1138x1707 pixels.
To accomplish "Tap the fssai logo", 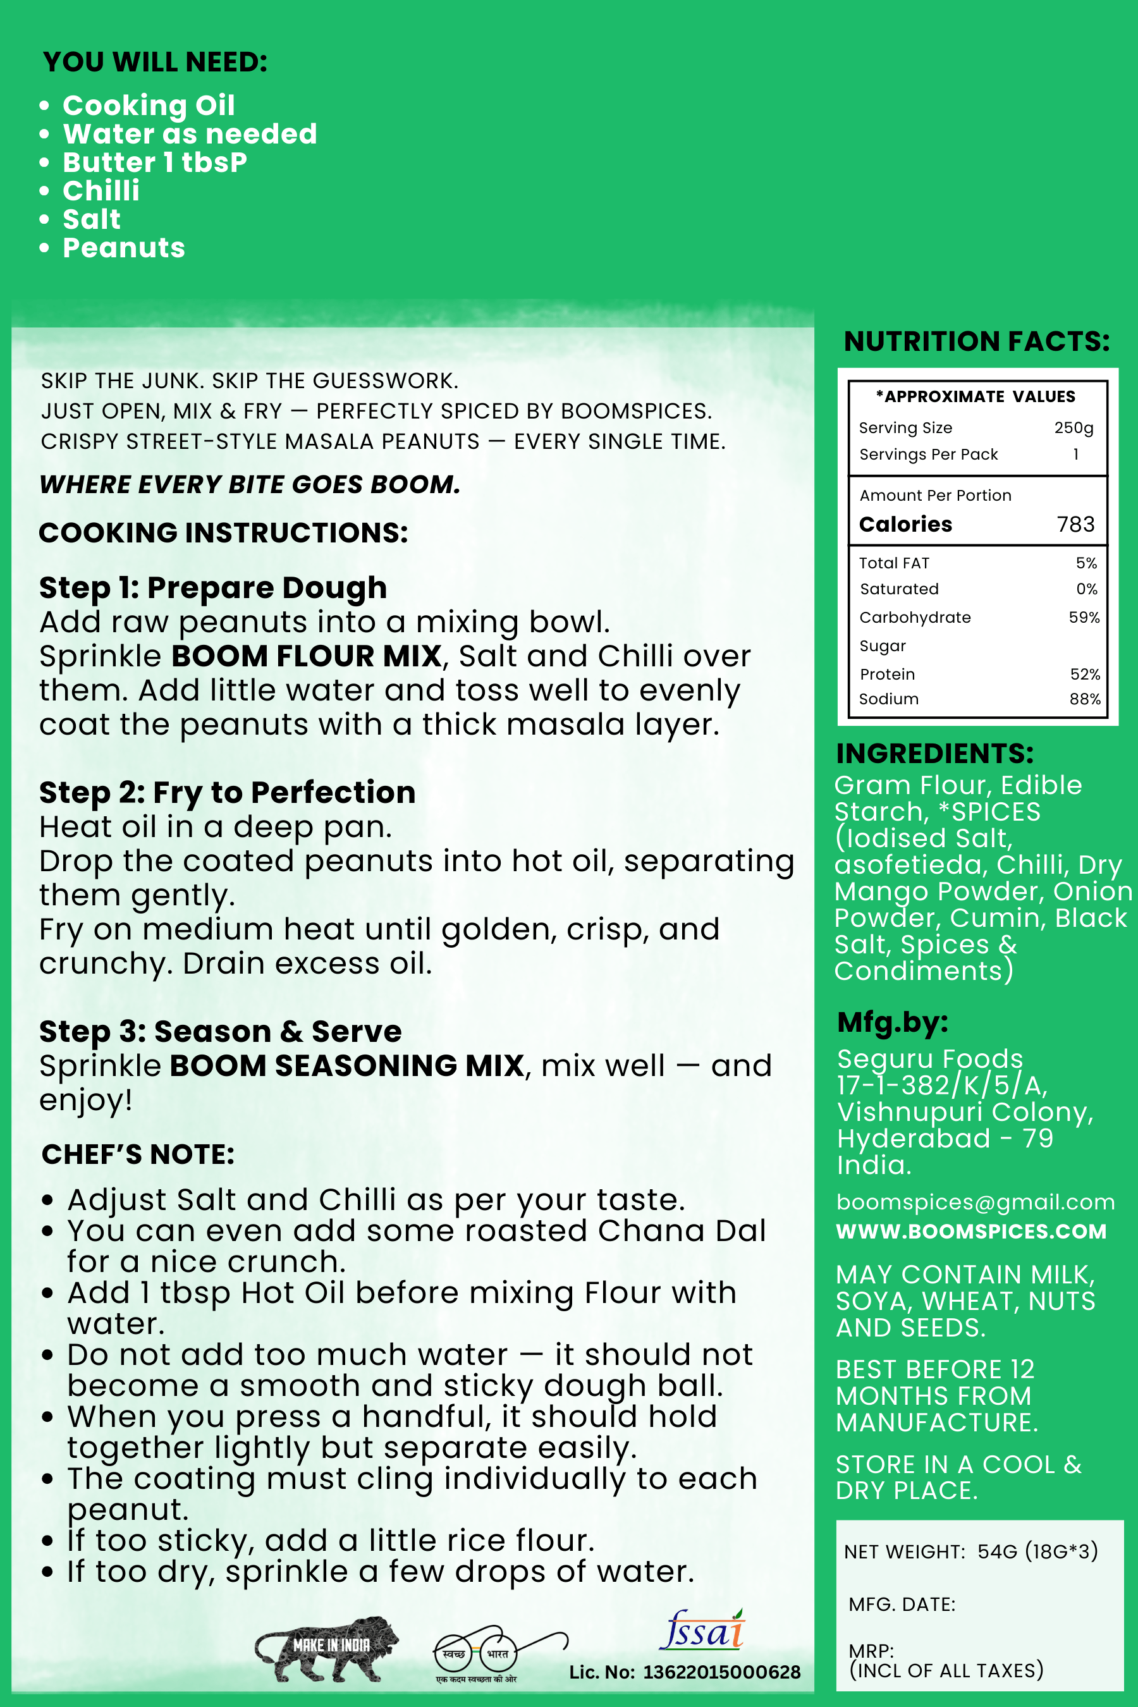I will [702, 1630].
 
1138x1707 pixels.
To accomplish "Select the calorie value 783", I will [1075, 524].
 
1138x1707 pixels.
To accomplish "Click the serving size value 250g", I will [1074, 427].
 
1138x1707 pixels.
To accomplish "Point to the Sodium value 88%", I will [1084, 699].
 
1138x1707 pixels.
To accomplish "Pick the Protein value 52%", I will [1084, 674].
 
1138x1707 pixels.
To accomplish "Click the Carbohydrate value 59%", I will [1084, 618].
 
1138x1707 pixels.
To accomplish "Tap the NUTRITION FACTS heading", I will [976, 341].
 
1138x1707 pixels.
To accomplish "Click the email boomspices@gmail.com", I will [975, 1202].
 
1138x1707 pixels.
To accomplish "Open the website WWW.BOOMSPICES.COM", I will [970, 1232].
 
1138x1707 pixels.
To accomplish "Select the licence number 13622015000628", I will [721, 1672].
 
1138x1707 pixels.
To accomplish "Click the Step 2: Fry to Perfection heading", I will [227, 793].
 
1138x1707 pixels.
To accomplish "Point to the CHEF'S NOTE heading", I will [138, 1154].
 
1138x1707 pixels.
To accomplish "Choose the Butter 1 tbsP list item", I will [155, 162].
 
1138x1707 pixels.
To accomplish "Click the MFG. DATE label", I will [902, 1604].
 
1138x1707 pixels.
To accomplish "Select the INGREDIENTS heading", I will [934, 754].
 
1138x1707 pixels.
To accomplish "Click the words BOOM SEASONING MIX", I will [347, 1066].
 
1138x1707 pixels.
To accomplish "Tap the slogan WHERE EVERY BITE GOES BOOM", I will [250, 484].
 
